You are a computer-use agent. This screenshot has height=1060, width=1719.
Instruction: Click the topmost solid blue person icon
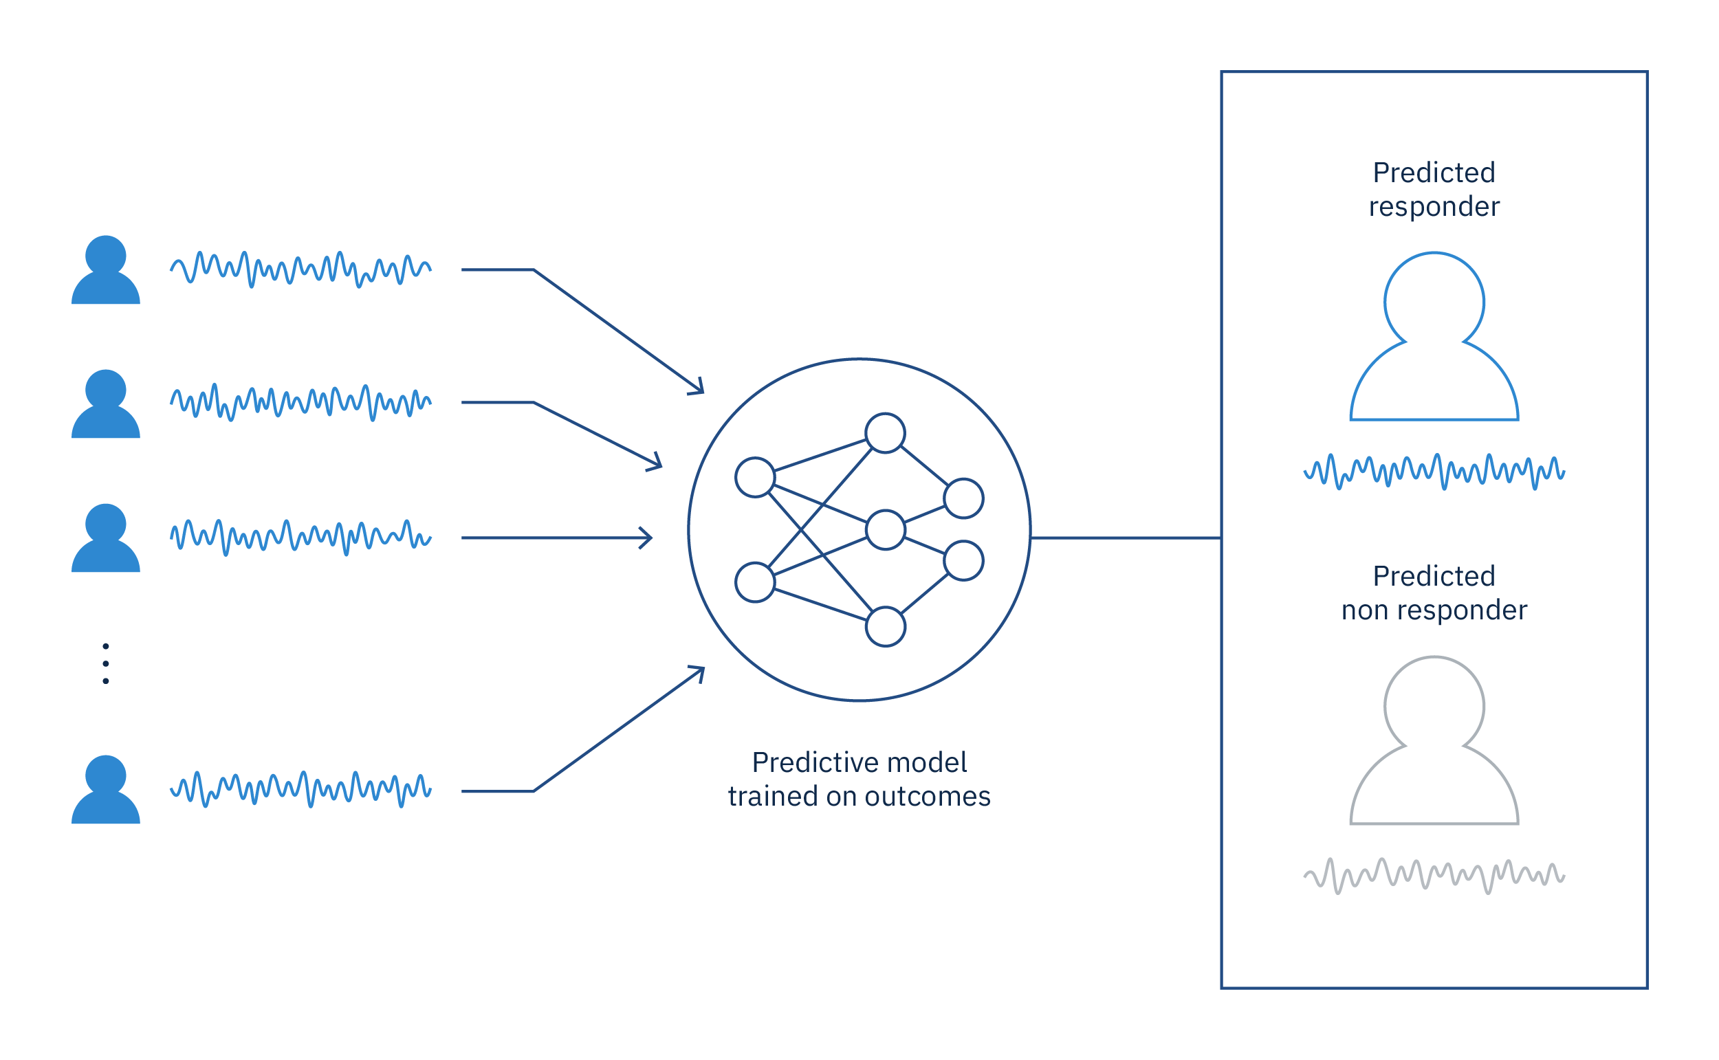(x=106, y=270)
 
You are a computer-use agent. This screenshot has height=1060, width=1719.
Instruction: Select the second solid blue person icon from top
(x=106, y=404)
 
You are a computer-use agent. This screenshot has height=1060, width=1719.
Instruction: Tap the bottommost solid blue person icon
(x=106, y=790)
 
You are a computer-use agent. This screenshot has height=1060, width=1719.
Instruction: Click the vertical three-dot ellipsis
(x=106, y=664)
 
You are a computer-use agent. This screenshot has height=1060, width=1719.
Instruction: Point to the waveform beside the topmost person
(x=300, y=269)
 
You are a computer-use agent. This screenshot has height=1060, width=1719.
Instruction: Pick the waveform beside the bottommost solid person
(x=300, y=790)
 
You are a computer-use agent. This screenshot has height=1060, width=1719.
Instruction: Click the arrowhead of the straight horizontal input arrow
(x=646, y=538)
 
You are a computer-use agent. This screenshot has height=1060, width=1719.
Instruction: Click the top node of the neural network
(x=886, y=433)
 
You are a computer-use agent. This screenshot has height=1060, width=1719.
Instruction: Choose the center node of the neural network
(x=886, y=530)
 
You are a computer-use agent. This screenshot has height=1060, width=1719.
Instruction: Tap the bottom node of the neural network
(x=886, y=627)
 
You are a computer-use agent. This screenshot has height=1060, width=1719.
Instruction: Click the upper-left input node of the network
(x=755, y=478)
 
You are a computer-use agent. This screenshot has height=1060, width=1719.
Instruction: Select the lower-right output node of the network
(x=964, y=561)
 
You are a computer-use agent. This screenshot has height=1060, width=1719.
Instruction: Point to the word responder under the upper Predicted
(x=1434, y=208)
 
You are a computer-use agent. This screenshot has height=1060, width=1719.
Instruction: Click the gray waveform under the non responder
(x=1434, y=876)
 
